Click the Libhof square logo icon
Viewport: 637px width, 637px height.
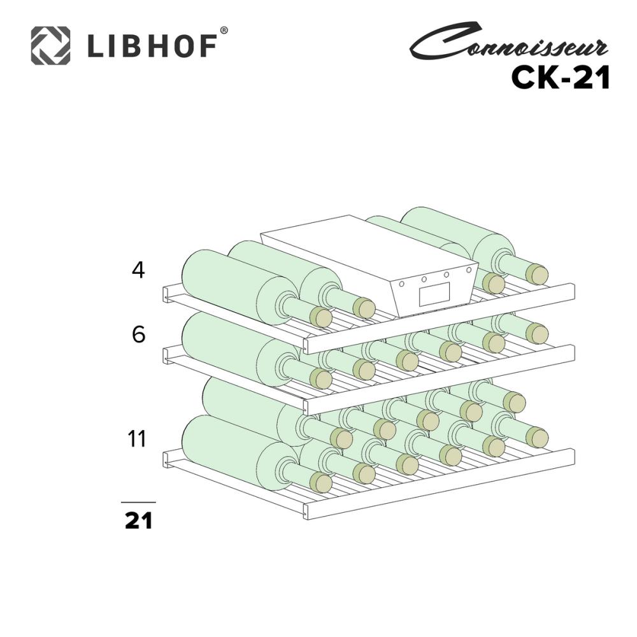pos(51,45)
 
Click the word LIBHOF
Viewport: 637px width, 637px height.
pos(152,47)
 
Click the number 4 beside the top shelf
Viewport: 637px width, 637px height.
pos(138,269)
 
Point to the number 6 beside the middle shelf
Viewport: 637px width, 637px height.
pos(138,335)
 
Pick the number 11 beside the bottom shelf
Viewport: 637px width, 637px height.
pos(136,439)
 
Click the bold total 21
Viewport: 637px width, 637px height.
pos(138,520)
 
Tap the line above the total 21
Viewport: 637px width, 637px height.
pos(138,503)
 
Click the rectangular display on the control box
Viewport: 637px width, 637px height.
pos(434,294)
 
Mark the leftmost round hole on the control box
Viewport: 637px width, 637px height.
pos(401,284)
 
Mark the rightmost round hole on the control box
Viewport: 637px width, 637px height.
pos(469,269)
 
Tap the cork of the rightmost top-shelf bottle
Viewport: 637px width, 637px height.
pos(536,275)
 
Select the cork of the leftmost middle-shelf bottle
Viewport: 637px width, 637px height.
pos(321,379)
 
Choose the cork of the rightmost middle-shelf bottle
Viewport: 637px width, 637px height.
pos(536,334)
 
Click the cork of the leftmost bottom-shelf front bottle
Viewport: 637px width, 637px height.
pos(321,483)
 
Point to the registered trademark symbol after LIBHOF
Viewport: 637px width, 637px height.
pos(224,31)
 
